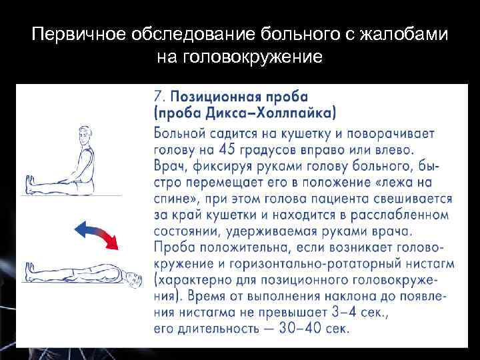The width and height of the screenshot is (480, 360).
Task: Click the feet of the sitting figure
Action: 29,183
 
